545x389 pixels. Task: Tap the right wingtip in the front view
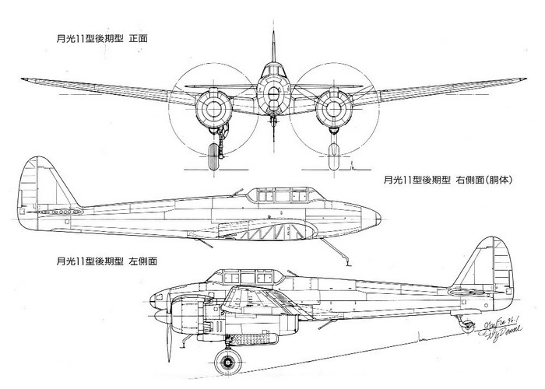(x=522, y=78)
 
